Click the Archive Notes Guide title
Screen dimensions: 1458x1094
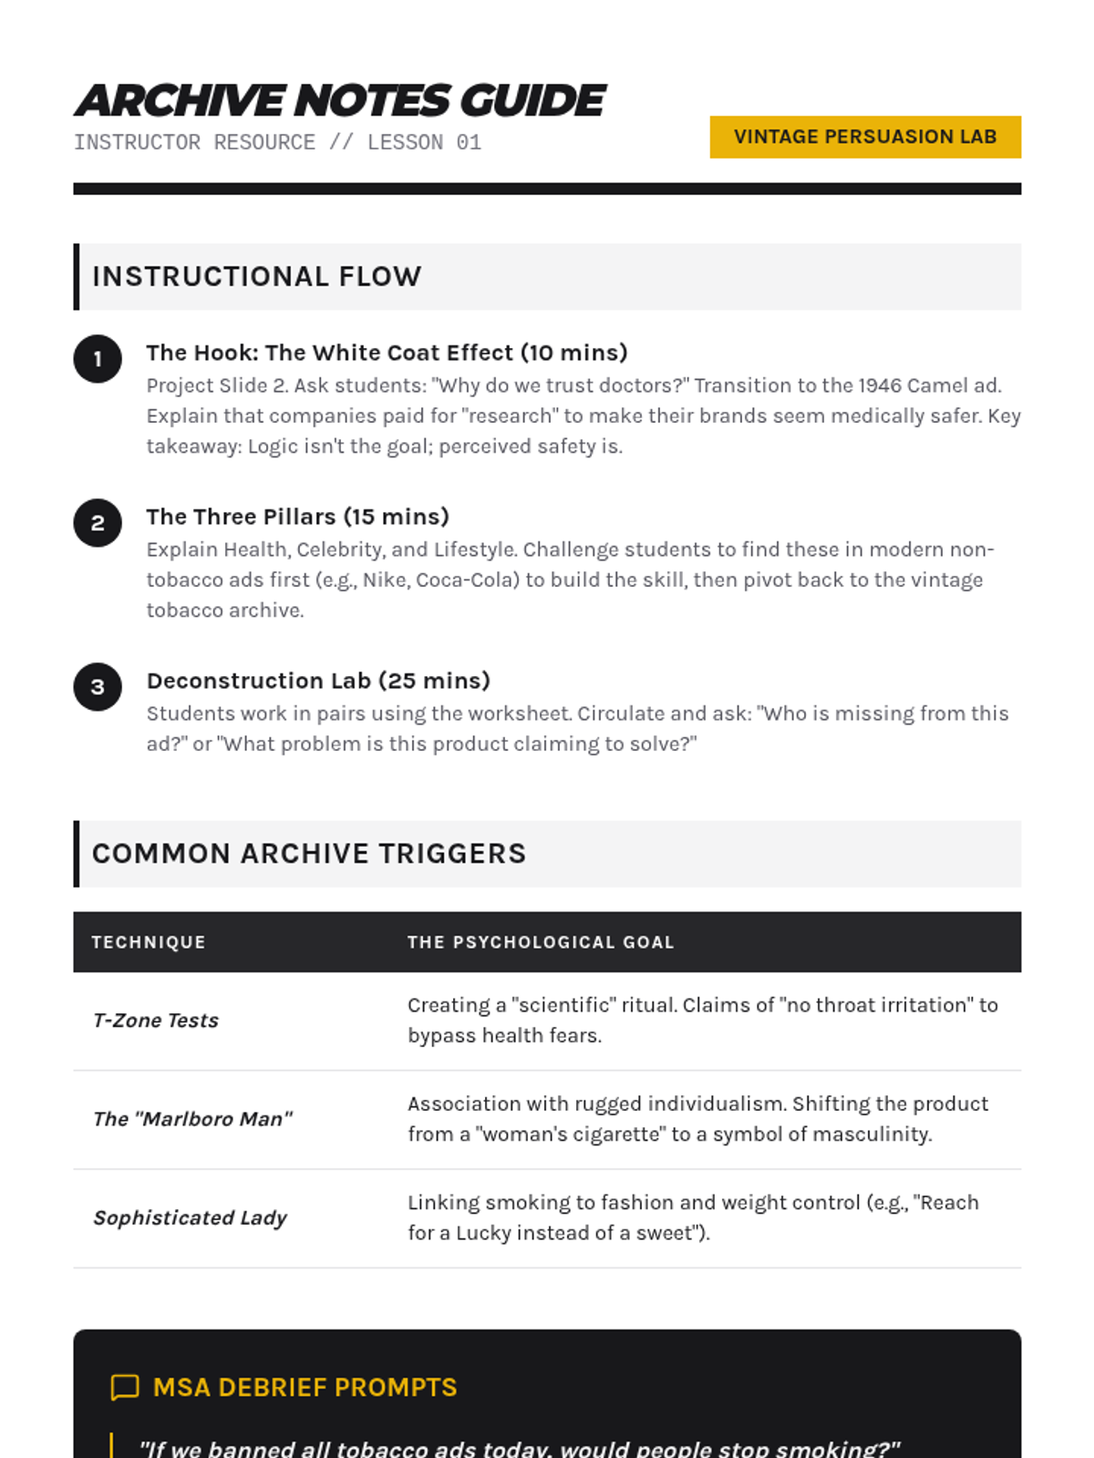(x=339, y=101)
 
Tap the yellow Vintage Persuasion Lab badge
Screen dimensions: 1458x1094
(x=864, y=137)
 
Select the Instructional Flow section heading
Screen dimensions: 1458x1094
(x=256, y=276)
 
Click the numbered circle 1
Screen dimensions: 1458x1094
(x=98, y=359)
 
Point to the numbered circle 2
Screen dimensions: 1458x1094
(x=98, y=523)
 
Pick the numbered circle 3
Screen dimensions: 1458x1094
(x=98, y=687)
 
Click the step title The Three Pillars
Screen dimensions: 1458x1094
(x=297, y=517)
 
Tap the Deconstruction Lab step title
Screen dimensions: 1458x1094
(x=318, y=681)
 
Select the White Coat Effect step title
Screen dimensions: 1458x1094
(x=387, y=353)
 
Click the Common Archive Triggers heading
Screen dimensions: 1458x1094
(x=309, y=854)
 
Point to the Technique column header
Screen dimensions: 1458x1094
(x=149, y=942)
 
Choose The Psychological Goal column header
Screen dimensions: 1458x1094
(x=541, y=942)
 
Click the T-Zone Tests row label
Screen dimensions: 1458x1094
(x=156, y=1021)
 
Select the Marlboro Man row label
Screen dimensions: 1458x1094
(x=192, y=1119)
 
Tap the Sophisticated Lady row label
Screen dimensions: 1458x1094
(x=190, y=1217)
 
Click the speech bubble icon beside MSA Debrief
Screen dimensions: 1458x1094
(x=125, y=1387)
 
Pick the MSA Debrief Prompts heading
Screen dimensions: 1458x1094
(x=304, y=1387)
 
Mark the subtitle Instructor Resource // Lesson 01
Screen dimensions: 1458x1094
(x=277, y=142)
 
